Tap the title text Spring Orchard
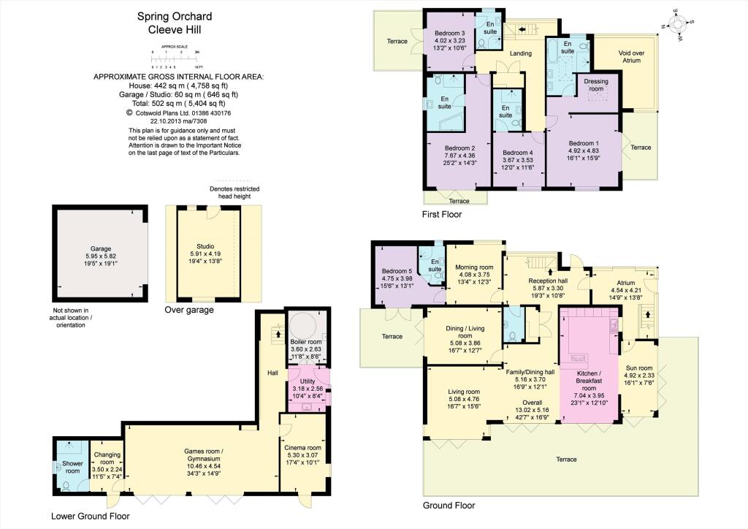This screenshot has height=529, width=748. [169, 16]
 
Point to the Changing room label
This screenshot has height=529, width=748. [107, 458]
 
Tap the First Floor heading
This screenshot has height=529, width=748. [442, 214]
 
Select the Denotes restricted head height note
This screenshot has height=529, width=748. [234, 193]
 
